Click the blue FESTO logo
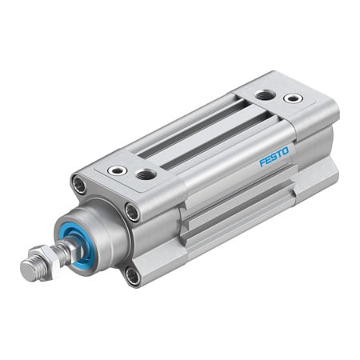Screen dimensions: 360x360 (278, 154)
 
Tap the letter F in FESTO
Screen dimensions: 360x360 (263, 162)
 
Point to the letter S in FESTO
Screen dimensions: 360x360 (277, 155)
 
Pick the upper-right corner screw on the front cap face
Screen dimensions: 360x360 (131, 211)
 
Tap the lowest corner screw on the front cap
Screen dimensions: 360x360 (132, 276)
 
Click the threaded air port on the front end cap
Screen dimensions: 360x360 (146, 174)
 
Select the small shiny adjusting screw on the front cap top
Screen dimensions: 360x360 (119, 170)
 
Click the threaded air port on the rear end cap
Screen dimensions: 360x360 (265, 94)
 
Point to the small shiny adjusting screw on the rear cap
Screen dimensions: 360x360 (294, 98)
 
